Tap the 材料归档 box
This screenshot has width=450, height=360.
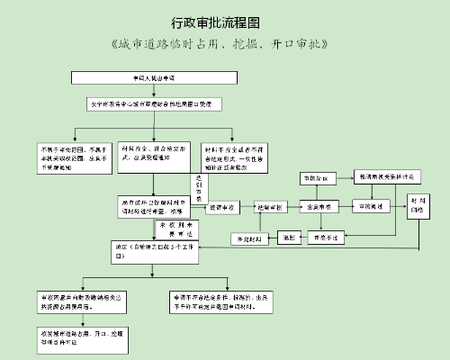[x=419, y=205]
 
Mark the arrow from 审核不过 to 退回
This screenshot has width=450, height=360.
[x=302, y=237]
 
